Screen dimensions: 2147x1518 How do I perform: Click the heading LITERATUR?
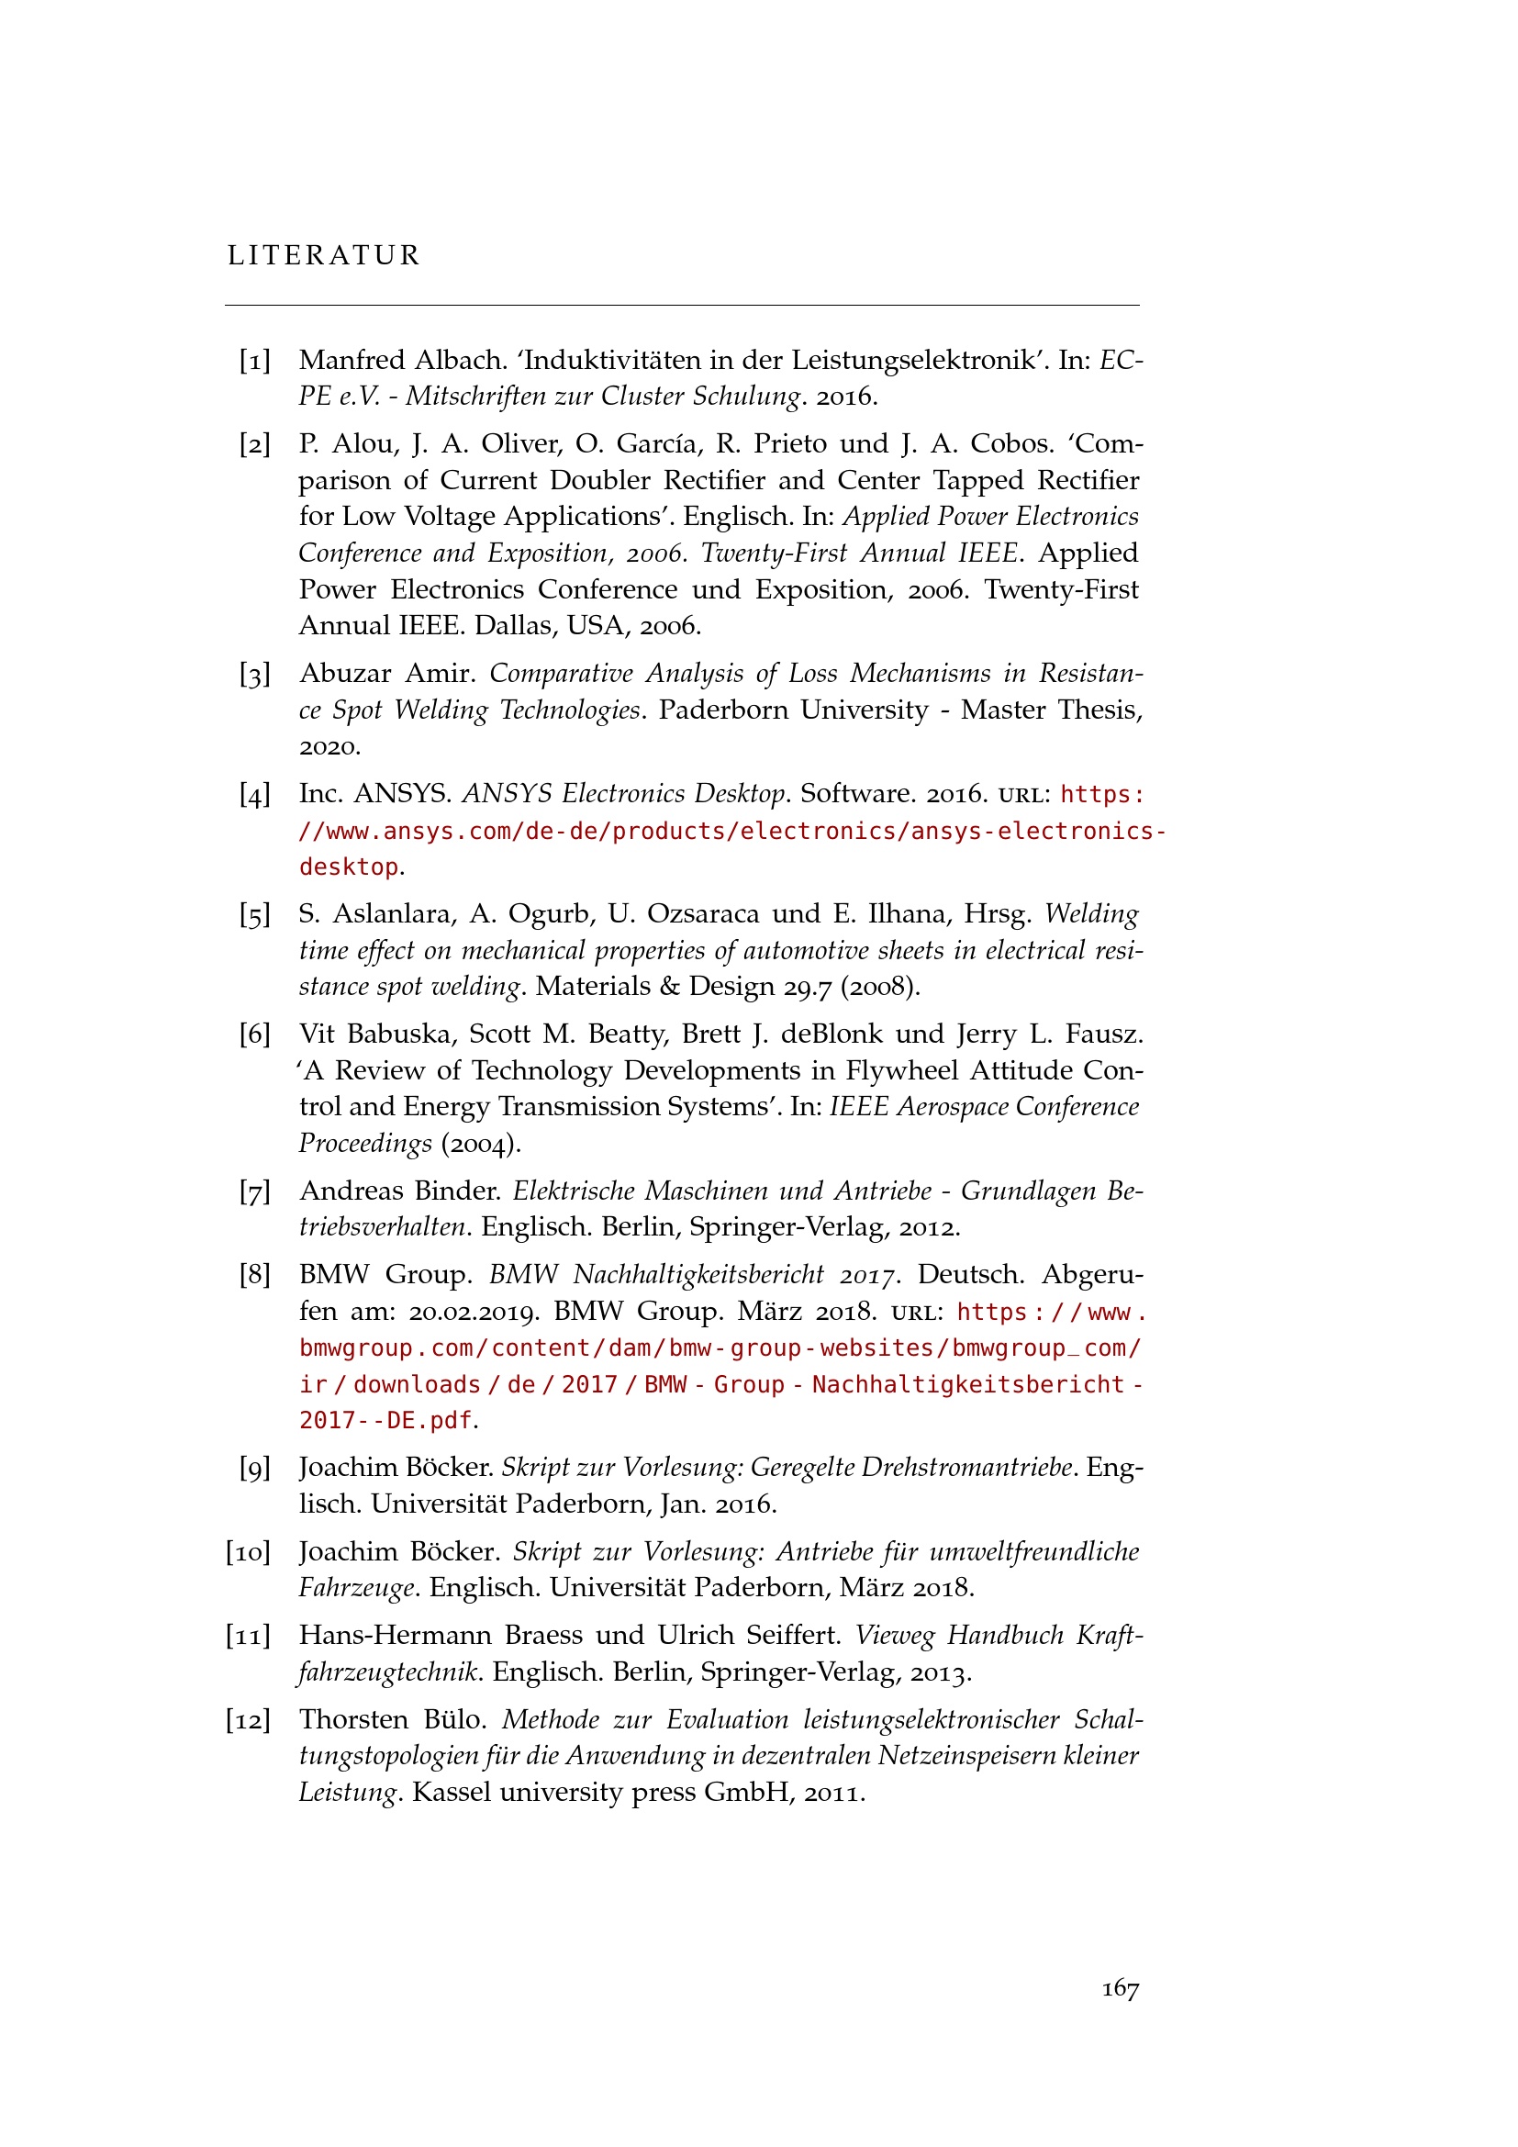(323, 255)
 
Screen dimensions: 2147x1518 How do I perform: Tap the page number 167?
(1119, 1988)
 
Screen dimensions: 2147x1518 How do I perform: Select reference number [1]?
(254, 360)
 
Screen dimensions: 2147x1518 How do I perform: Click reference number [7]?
(254, 1191)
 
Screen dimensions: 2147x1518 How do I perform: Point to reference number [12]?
(248, 1719)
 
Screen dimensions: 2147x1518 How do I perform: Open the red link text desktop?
(349, 867)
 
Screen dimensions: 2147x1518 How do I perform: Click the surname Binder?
(458, 1191)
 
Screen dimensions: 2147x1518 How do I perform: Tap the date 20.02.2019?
(474, 1311)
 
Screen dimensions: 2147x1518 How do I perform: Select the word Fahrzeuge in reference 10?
(356, 1588)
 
